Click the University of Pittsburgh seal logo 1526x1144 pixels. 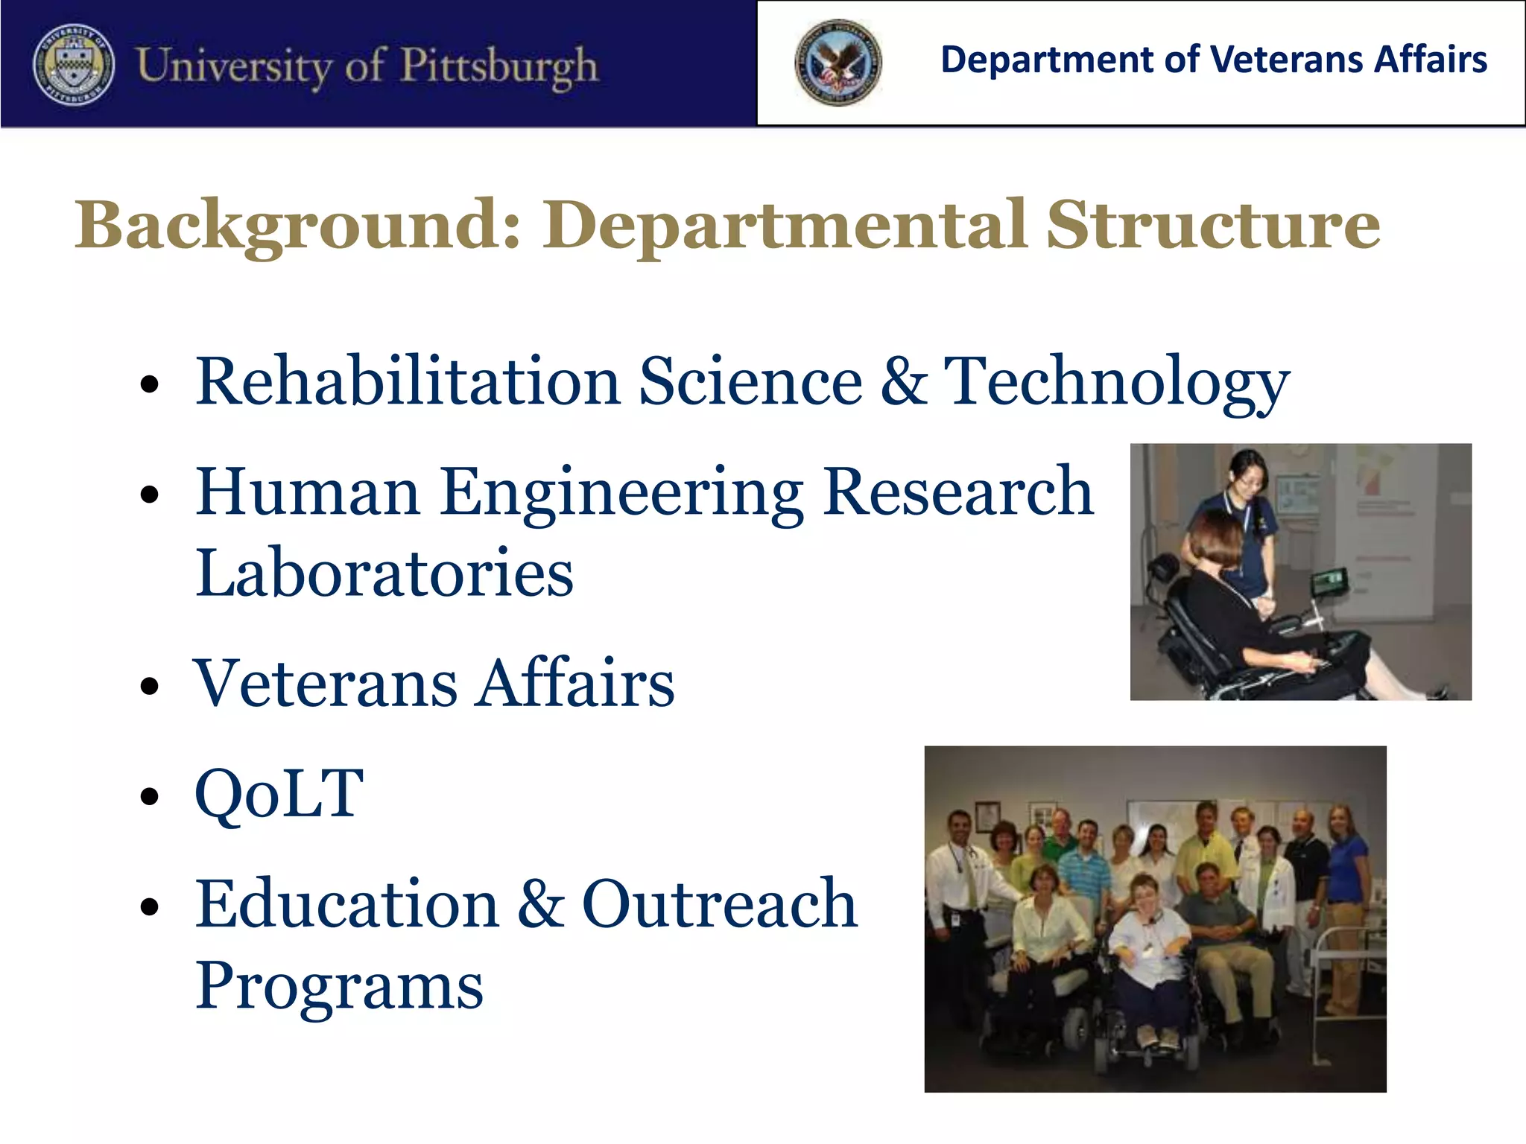[x=74, y=64]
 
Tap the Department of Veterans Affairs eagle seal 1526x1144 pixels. [x=838, y=63]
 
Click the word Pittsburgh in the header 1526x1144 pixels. [x=499, y=66]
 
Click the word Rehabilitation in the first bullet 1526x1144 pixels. [x=408, y=381]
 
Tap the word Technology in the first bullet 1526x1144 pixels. [x=1116, y=381]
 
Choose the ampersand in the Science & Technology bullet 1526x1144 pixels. [x=903, y=381]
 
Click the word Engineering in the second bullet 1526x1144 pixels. [x=621, y=493]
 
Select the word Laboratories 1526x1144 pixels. [x=384, y=573]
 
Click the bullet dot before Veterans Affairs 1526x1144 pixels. [x=150, y=686]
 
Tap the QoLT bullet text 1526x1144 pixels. [x=279, y=794]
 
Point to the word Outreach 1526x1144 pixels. [x=719, y=904]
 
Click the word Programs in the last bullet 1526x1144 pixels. [x=340, y=986]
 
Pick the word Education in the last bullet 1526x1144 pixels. [x=347, y=904]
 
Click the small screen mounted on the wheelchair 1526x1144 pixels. [x=1330, y=580]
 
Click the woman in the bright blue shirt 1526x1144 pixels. [x=1348, y=864]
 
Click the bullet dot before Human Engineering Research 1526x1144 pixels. [x=150, y=495]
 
